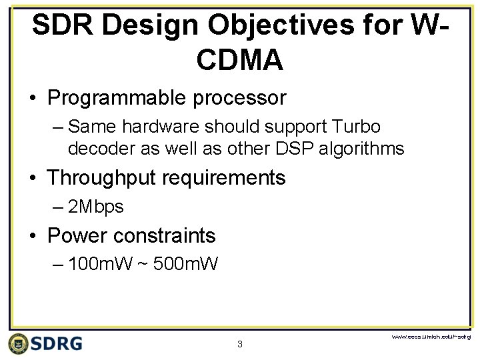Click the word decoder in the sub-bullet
click(100, 148)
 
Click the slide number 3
click(240, 345)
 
